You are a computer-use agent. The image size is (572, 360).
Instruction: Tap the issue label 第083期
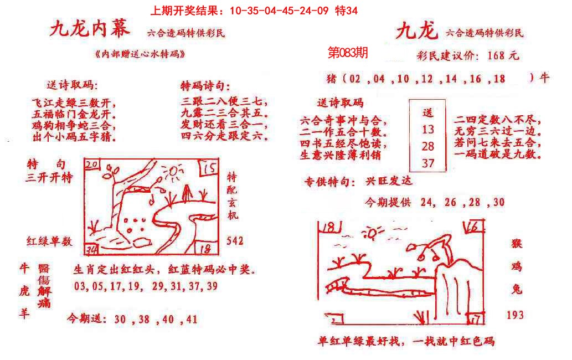[348, 53]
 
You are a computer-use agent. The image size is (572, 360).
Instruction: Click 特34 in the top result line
[347, 11]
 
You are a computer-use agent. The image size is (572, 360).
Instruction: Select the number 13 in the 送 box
[427, 130]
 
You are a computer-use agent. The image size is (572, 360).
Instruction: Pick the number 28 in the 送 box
[427, 146]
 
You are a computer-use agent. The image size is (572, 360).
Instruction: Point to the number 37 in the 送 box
[427, 163]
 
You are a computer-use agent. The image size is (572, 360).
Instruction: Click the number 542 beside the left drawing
[235, 241]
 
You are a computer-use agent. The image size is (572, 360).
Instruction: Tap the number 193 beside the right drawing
[515, 315]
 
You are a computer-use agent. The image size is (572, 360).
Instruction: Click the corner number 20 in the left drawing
[92, 164]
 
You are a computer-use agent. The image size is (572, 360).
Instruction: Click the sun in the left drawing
[173, 176]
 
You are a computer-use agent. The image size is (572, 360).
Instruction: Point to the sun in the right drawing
[371, 232]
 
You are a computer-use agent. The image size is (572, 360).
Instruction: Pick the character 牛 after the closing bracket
[545, 78]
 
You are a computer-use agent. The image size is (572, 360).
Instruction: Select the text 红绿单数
[50, 241]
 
